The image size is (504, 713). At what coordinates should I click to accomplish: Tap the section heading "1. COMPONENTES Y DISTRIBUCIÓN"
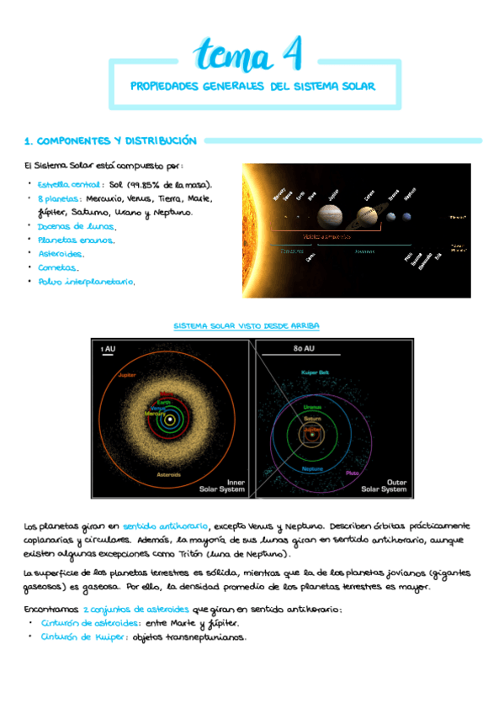pyautogui.click(x=110, y=141)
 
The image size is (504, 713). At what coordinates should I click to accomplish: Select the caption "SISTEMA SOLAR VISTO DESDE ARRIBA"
pyautogui.click(x=246, y=325)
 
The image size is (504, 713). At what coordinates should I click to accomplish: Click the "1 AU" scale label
pyautogui.click(x=108, y=347)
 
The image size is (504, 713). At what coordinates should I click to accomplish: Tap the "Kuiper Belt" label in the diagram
pyautogui.click(x=315, y=372)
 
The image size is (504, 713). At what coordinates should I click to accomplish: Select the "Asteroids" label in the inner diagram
pyautogui.click(x=168, y=475)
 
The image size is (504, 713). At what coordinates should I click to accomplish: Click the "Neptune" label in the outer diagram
pyautogui.click(x=313, y=467)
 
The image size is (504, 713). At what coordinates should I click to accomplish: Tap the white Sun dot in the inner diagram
pyautogui.click(x=170, y=419)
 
